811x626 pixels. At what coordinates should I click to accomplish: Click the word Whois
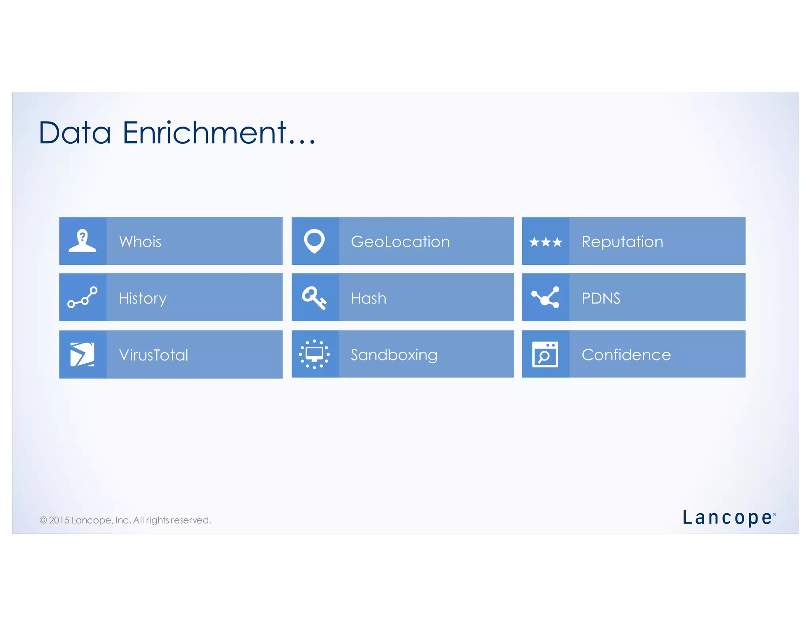pyautogui.click(x=140, y=241)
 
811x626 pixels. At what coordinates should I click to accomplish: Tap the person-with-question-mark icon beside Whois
pyautogui.click(x=82, y=241)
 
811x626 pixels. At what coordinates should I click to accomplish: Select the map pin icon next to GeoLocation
pyautogui.click(x=314, y=241)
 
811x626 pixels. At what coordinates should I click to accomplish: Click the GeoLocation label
pyautogui.click(x=400, y=241)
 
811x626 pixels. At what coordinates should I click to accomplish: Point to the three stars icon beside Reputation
pyautogui.click(x=546, y=242)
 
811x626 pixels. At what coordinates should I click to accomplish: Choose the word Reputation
pyautogui.click(x=622, y=242)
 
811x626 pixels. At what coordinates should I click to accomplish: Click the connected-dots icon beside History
pyautogui.click(x=82, y=298)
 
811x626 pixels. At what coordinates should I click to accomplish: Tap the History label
pyautogui.click(x=143, y=298)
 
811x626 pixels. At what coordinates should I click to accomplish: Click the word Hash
pyautogui.click(x=368, y=298)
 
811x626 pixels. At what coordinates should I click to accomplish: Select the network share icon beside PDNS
pyautogui.click(x=546, y=298)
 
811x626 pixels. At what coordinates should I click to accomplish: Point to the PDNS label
pyautogui.click(x=601, y=298)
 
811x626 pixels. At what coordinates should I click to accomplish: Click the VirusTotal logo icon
pyautogui.click(x=82, y=355)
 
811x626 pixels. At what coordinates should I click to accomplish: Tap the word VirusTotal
pyautogui.click(x=154, y=355)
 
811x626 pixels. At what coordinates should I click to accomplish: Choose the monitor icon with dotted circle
pyautogui.click(x=314, y=354)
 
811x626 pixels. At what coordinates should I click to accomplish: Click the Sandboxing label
pyautogui.click(x=394, y=355)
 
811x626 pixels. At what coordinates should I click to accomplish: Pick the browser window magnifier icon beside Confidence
pyautogui.click(x=545, y=355)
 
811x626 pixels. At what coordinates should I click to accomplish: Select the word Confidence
pyautogui.click(x=626, y=355)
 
